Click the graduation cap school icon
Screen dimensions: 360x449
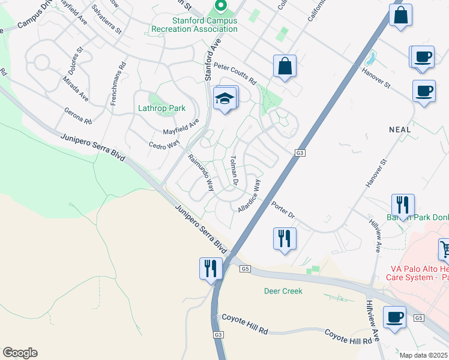[224, 98]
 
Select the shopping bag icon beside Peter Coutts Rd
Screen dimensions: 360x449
[285, 66]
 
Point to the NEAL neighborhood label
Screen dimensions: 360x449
[400, 129]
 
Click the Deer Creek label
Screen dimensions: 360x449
[283, 291]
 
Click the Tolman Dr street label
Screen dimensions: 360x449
[235, 170]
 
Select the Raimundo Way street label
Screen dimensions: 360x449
[201, 172]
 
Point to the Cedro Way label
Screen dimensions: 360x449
[164, 145]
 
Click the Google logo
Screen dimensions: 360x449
[20, 353]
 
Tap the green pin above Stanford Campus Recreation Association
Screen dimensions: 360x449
[220, 6]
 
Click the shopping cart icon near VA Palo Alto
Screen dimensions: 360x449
[444, 249]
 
